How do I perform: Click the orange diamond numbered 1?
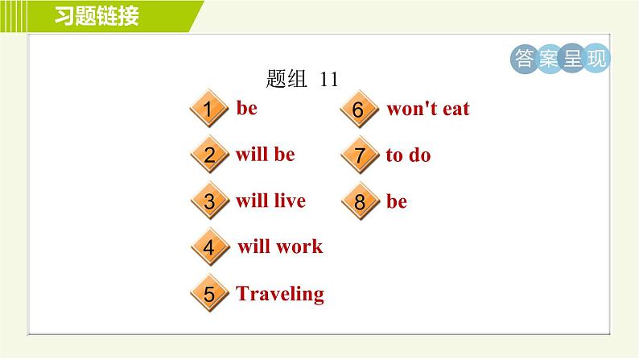point(208,109)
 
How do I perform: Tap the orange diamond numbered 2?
point(209,155)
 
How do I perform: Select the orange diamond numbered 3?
point(209,201)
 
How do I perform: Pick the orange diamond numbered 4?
point(209,247)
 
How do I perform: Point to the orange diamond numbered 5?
point(209,293)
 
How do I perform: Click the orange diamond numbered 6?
point(359,109)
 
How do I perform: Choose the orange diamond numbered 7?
point(360,155)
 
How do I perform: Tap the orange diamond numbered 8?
point(360,201)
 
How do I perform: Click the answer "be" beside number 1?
point(246,108)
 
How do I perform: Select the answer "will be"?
point(266,154)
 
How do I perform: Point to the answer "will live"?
point(270,201)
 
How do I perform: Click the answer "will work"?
point(280,246)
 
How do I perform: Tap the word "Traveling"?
point(280,293)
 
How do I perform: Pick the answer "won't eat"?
point(428,109)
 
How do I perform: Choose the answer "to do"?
point(408,155)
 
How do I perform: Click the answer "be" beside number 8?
point(397,201)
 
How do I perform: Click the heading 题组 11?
point(302,79)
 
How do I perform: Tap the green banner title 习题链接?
point(97,16)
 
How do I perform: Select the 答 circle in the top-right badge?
point(524,58)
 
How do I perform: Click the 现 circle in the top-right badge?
point(596,58)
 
